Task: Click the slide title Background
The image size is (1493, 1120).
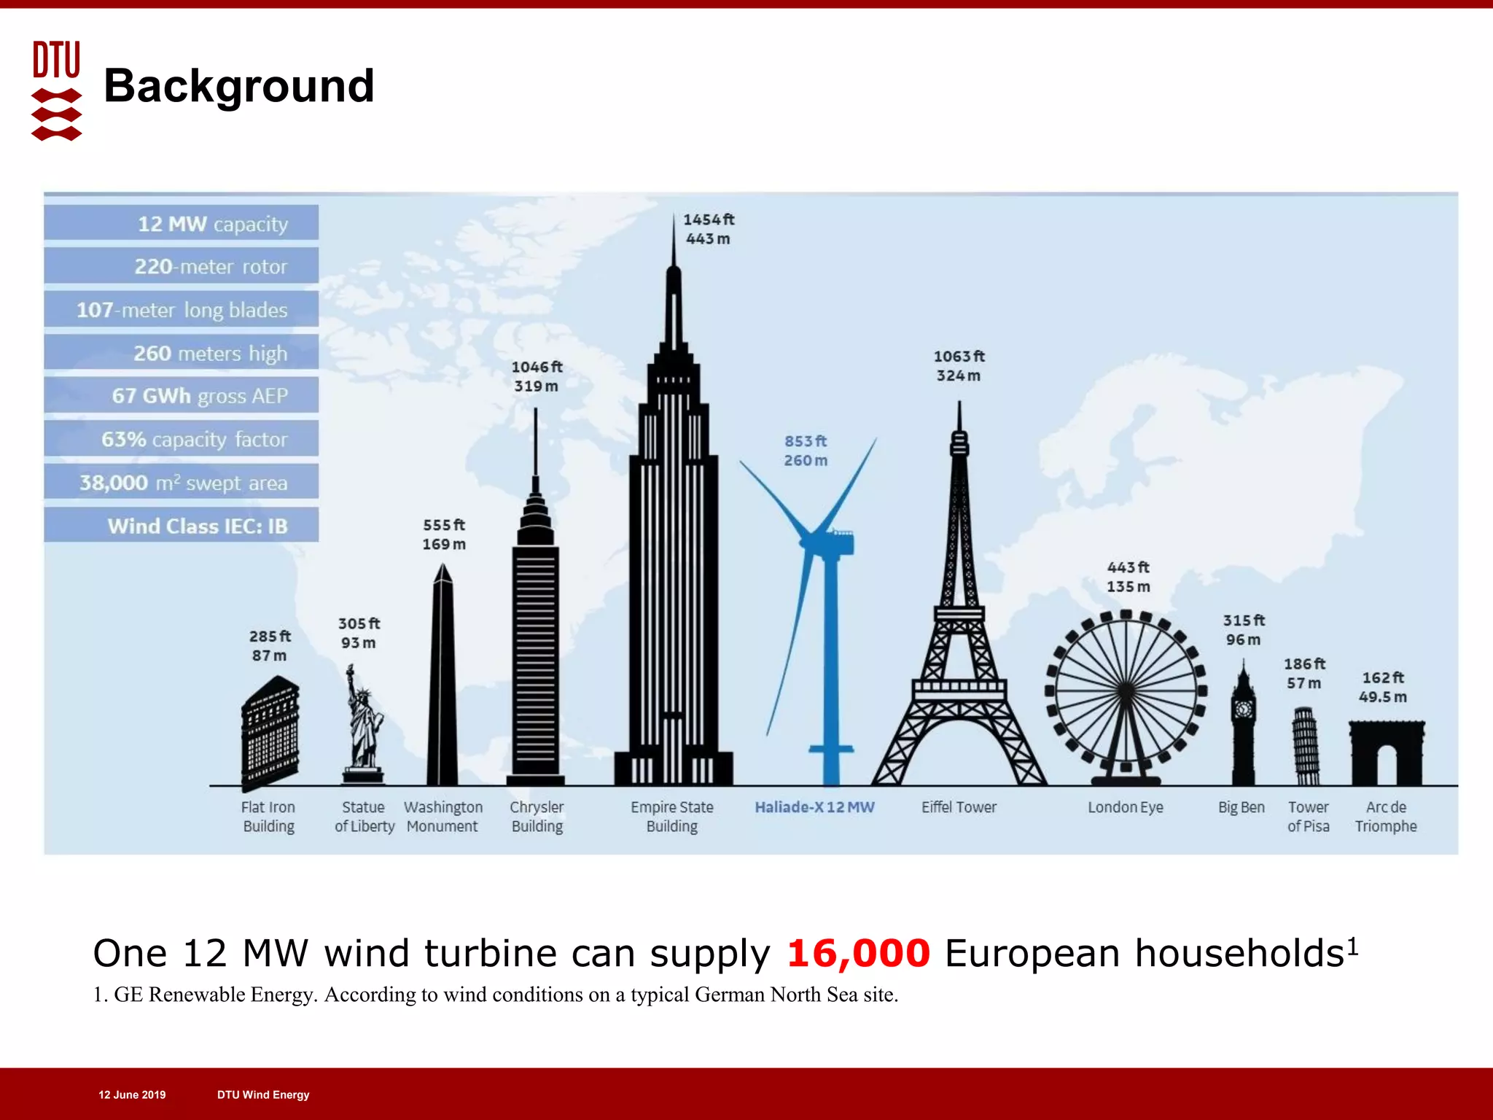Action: pyautogui.click(x=238, y=86)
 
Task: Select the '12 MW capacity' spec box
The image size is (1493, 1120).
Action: pyautogui.click(x=182, y=223)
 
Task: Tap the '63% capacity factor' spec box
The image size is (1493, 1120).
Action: pyautogui.click(x=182, y=439)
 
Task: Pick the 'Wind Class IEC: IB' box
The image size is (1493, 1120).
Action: pyautogui.click(x=182, y=525)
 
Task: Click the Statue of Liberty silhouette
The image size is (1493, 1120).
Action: pyautogui.click(x=363, y=722)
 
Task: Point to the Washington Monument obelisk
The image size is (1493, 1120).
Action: pyautogui.click(x=443, y=678)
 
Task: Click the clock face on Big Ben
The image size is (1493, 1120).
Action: pyautogui.click(x=1243, y=708)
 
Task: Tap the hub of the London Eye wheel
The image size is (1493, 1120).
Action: pyautogui.click(x=1126, y=690)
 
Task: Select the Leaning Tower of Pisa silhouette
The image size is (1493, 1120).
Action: pyautogui.click(x=1305, y=745)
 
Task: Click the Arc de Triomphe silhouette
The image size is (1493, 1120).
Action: pyautogui.click(x=1387, y=751)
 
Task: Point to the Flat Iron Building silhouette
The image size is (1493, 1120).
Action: pyautogui.click(x=270, y=733)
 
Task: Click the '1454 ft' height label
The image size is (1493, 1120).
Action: pyautogui.click(x=708, y=219)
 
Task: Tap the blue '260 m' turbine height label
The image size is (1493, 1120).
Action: pyautogui.click(x=806, y=461)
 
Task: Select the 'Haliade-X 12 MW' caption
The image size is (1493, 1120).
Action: pyautogui.click(x=814, y=807)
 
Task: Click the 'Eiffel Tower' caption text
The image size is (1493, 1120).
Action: pyautogui.click(x=959, y=807)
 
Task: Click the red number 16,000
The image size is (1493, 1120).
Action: pyautogui.click(x=858, y=953)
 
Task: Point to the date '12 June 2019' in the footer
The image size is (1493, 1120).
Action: pyautogui.click(x=132, y=1094)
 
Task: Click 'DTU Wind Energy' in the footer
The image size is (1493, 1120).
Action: pyautogui.click(x=263, y=1094)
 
